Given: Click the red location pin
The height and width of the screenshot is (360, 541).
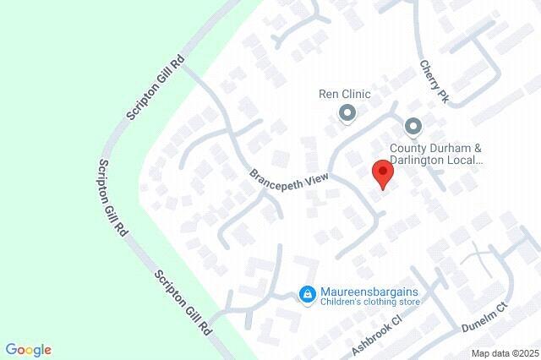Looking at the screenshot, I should (x=384, y=175).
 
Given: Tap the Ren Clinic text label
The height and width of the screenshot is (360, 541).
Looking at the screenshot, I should (x=344, y=95).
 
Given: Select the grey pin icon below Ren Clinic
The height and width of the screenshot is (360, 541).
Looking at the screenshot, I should (x=347, y=112).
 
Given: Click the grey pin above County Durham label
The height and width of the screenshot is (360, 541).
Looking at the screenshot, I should (x=413, y=128).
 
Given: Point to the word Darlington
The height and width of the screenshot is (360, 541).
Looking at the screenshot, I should (x=453, y=159).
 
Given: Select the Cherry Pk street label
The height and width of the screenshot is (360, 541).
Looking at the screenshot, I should (x=433, y=82).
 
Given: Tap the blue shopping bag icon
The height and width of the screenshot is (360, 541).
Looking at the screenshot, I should (x=308, y=295).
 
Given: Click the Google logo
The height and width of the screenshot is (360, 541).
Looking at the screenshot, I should (x=28, y=350).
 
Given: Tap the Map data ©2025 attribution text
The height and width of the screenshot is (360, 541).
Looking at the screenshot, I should (x=505, y=353).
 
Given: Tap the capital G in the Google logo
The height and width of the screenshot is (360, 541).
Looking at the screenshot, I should (x=10, y=349).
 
